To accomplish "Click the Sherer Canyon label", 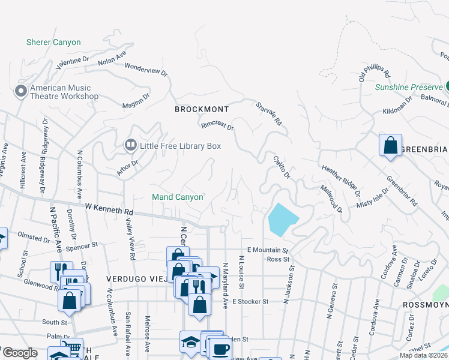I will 53,43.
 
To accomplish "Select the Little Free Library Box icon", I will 130,145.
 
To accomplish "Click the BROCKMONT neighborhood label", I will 202,109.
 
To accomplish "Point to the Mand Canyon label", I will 177,197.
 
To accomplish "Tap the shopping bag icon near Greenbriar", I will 390,145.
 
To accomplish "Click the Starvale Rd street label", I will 268,113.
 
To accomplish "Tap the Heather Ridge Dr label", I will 340,181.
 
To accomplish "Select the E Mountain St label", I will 268,250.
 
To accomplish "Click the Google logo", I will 20,353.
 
